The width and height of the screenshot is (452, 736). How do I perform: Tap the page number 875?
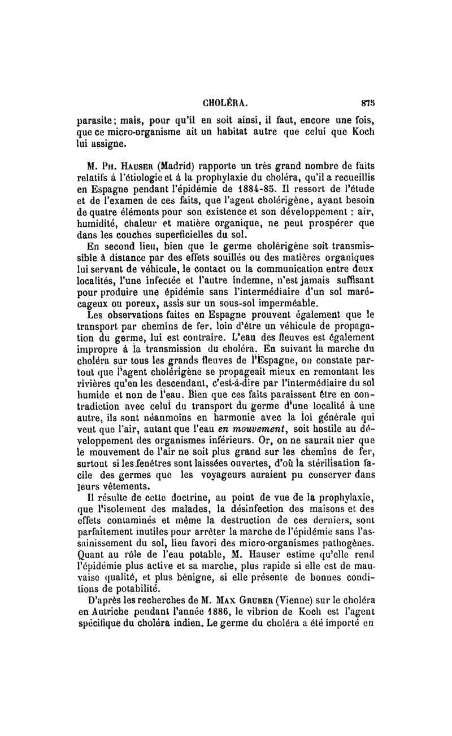[369, 103]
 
